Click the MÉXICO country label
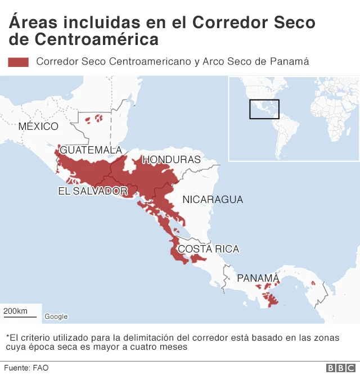point(38,126)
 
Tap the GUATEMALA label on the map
point(91,150)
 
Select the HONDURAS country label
point(172,160)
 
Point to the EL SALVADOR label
point(93,191)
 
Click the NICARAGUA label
point(213,200)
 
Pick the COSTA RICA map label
point(208,249)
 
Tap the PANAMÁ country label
point(258,278)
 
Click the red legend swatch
point(18,62)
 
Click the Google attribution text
point(56,317)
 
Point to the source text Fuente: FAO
point(26,368)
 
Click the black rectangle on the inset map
point(264,109)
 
